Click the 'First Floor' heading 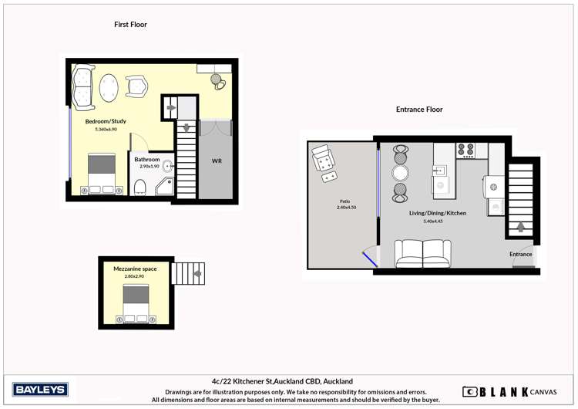[130, 25]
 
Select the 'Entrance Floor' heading [419, 110]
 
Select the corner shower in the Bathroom [165, 186]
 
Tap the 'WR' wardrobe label [217, 161]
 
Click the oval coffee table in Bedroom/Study [110, 87]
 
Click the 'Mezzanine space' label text [135, 269]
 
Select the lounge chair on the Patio [324, 161]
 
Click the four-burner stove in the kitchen [465, 150]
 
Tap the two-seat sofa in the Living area [422, 253]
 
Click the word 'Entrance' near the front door [521, 254]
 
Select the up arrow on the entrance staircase [521, 227]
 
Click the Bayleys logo [40, 390]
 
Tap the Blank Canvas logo [509, 391]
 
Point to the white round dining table [400, 172]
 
